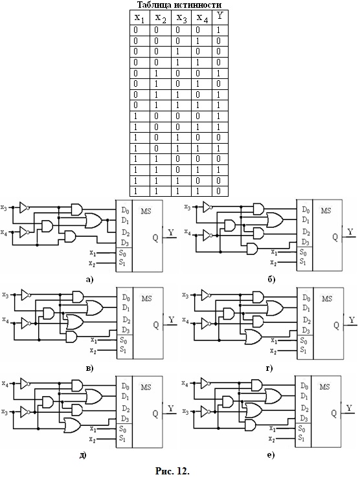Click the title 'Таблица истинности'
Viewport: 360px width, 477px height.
tap(179, 5)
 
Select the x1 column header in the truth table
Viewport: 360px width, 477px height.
tap(139, 18)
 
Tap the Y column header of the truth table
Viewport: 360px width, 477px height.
tap(219, 16)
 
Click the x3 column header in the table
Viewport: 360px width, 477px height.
tap(181, 18)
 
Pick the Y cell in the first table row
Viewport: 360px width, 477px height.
tap(218, 30)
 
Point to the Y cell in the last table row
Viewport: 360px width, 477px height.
tap(218, 191)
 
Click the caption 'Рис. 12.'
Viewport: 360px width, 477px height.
tap(172, 471)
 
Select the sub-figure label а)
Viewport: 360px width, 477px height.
tap(89, 280)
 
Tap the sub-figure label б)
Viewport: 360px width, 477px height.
tap(271, 279)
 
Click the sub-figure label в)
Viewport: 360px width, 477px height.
tap(90, 368)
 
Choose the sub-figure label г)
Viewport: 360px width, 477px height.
tap(269, 368)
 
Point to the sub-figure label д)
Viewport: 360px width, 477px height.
tap(83, 456)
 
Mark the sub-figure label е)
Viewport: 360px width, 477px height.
tap(271, 456)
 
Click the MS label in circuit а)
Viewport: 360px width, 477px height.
tap(146, 210)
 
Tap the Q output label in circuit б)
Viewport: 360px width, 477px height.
tap(335, 238)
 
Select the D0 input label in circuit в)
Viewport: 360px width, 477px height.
tap(126, 297)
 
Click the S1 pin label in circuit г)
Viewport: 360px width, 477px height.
tap(304, 350)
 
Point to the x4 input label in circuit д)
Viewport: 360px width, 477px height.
tap(5, 384)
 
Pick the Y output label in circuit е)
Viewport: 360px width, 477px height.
tap(350, 408)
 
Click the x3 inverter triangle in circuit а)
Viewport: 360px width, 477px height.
tap(24, 208)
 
